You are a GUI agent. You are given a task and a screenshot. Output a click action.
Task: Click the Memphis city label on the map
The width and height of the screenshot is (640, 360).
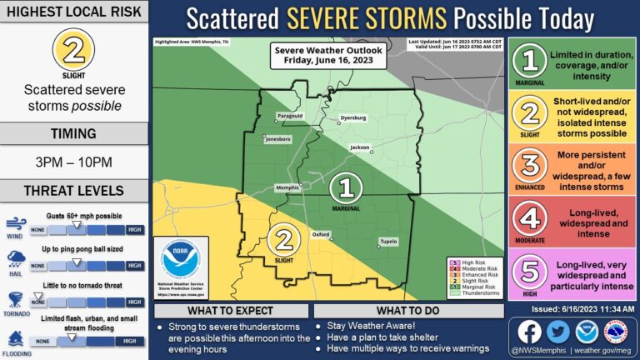[287, 187]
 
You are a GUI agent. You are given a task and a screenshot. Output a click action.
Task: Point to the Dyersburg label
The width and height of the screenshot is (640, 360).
[353, 117]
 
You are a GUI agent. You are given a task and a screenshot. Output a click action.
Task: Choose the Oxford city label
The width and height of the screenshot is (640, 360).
[321, 234]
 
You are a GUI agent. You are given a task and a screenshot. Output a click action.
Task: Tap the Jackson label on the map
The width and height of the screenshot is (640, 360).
[359, 147]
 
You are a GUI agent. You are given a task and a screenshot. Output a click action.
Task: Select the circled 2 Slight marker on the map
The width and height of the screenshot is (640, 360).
[286, 239]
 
